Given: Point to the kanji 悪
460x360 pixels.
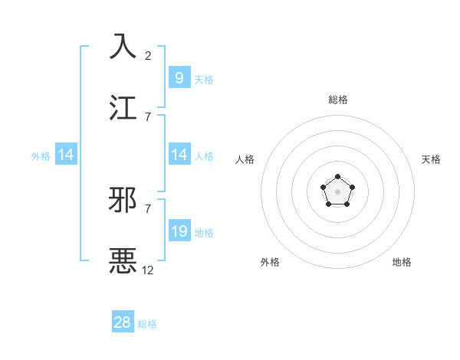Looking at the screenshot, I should (x=123, y=260).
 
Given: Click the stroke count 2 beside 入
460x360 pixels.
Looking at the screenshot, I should (x=148, y=56).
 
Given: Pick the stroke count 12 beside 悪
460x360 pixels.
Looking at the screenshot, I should (x=148, y=270).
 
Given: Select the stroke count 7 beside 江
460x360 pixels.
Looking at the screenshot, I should (x=148, y=116).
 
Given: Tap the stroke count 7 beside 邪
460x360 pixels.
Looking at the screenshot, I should (x=148, y=208).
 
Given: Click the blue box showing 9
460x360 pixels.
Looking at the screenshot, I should (x=179, y=77).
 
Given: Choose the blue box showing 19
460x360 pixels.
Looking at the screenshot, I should (x=179, y=231).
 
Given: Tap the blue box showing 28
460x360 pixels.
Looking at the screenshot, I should (x=123, y=322).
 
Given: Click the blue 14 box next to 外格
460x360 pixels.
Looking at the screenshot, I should (x=66, y=155).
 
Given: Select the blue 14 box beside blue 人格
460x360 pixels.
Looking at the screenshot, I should (x=179, y=154).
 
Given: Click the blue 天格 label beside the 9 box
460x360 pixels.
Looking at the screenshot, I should (x=203, y=79).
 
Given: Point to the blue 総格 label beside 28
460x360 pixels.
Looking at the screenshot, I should (x=147, y=324).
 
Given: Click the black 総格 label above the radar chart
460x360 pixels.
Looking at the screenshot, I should (x=338, y=100).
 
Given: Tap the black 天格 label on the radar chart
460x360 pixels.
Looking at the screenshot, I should (x=431, y=159).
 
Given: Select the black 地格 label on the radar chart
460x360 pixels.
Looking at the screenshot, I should (x=402, y=262).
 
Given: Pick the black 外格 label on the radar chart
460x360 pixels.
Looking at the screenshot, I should (x=270, y=262).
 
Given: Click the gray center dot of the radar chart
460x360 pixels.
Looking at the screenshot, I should (x=337, y=191).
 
